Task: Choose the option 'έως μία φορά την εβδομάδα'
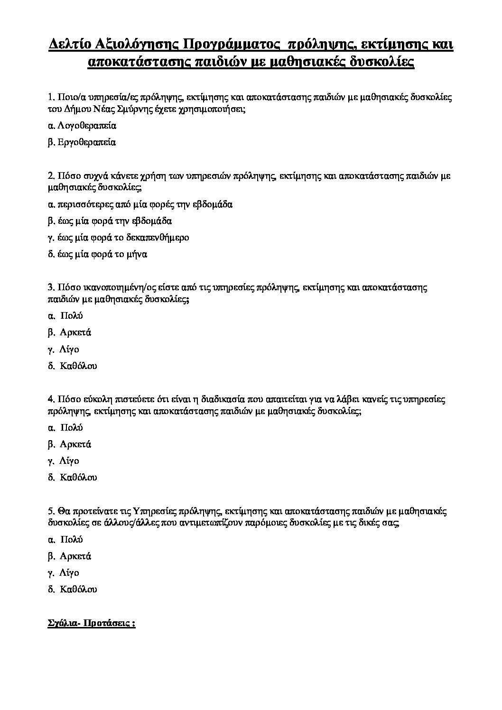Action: [114, 221]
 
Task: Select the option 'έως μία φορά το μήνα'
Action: [102, 254]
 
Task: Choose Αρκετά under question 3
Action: [75, 332]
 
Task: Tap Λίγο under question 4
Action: [69, 461]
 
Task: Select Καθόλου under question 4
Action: [78, 478]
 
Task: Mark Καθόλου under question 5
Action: [78, 590]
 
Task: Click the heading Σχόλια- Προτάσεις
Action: [92, 623]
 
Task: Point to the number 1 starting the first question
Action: [51, 98]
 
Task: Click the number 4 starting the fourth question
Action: [51, 399]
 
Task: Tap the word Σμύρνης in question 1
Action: [113, 109]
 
